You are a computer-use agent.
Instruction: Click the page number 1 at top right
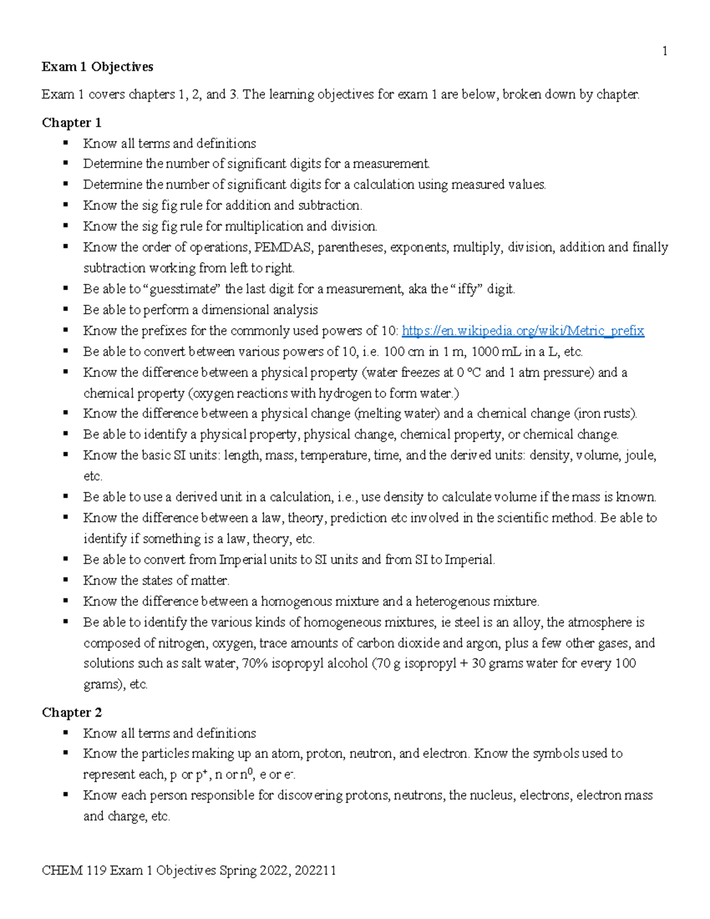pyautogui.click(x=664, y=51)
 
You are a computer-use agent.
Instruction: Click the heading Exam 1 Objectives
pyautogui.click(x=97, y=67)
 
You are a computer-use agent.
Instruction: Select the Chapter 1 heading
pyautogui.click(x=71, y=122)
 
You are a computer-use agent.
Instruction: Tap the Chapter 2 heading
pyautogui.click(x=71, y=712)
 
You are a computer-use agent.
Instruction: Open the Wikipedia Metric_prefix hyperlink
pyautogui.click(x=522, y=331)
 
